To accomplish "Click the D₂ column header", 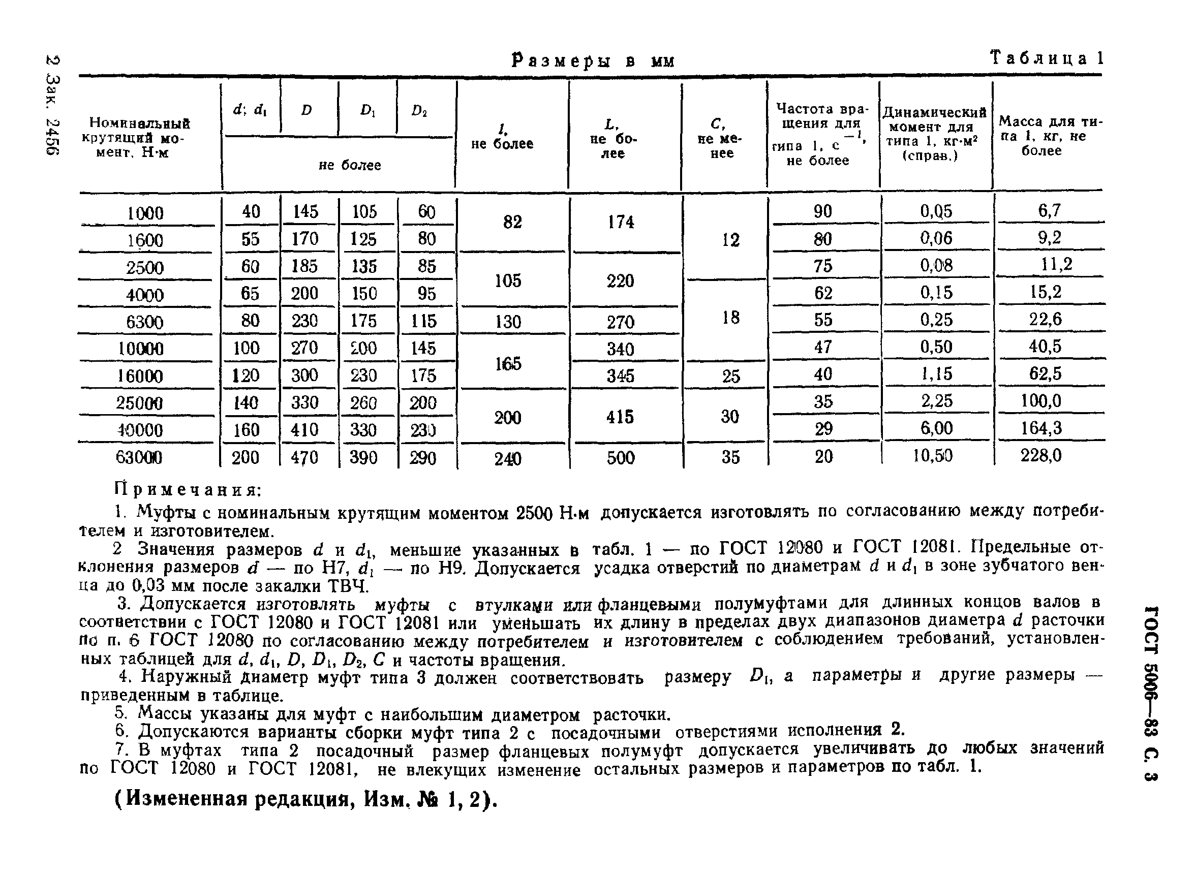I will [419, 111].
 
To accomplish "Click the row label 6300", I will [144, 322].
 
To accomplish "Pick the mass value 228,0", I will [1041, 455].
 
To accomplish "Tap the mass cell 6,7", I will [1049, 210].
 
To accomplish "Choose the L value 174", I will [621, 222].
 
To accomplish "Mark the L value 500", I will [621, 458].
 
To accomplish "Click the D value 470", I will [304, 458].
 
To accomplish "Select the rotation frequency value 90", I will [822, 211].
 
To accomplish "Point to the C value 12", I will [730, 240].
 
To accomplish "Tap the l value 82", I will [512, 222].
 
